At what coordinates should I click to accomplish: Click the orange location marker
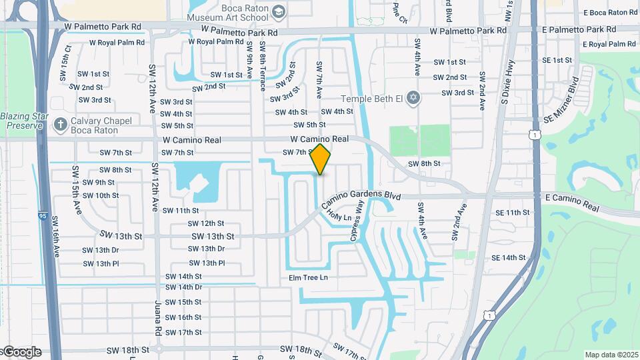tap(321, 159)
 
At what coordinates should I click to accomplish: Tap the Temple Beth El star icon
tap(413, 99)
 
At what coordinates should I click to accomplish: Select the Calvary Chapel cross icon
tap(61, 125)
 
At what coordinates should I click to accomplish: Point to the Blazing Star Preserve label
tap(25, 120)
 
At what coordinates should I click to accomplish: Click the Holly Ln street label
tap(339, 216)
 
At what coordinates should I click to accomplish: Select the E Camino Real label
tap(573, 202)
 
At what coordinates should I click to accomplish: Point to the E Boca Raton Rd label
tap(609, 13)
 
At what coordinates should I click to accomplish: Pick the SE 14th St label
tap(509, 257)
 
